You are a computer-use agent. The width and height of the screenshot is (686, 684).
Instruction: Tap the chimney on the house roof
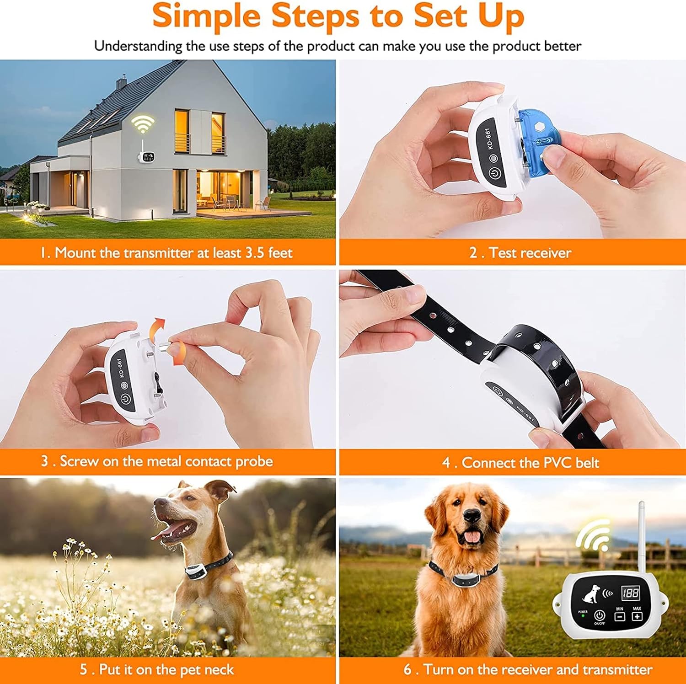[121, 84]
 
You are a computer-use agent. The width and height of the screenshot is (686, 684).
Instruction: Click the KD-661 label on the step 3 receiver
[119, 368]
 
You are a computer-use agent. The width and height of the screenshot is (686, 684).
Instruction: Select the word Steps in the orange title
[315, 16]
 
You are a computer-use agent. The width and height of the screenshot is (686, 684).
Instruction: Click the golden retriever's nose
[472, 515]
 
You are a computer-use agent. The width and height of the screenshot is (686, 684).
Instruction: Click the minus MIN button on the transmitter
[620, 616]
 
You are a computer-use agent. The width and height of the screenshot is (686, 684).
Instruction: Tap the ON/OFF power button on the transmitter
[600, 615]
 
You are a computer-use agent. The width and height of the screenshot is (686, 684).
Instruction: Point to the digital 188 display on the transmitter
[630, 593]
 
